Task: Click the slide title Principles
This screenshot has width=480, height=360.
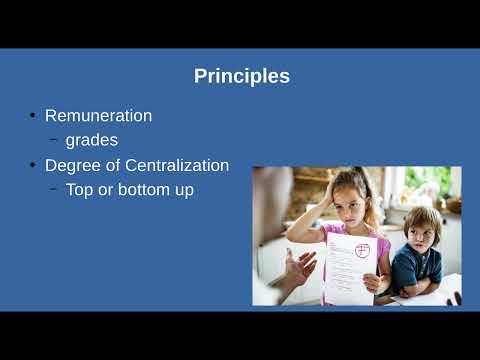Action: pyautogui.click(x=242, y=77)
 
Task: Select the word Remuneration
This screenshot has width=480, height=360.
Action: pyautogui.click(x=99, y=116)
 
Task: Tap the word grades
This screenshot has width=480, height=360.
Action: pyautogui.click(x=92, y=141)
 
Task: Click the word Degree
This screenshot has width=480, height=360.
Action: pyautogui.click(x=73, y=166)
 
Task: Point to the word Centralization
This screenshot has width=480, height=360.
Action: pyautogui.click(x=177, y=165)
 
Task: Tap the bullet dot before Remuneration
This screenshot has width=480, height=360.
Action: pyautogui.click(x=32, y=116)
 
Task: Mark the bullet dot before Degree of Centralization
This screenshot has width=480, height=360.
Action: pyautogui.click(x=32, y=165)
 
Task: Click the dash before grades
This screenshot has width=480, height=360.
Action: pyautogui.click(x=53, y=139)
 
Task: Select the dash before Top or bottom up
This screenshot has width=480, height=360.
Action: pyautogui.click(x=53, y=189)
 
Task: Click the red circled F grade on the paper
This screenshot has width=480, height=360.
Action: pyautogui.click(x=362, y=251)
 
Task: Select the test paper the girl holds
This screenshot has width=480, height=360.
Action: pyautogui.click(x=350, y=268)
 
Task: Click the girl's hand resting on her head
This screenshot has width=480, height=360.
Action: pyautogui.click(x=328, y=194)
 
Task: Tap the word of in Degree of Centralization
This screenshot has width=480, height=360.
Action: pyautogui.click(x=113, y=165)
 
